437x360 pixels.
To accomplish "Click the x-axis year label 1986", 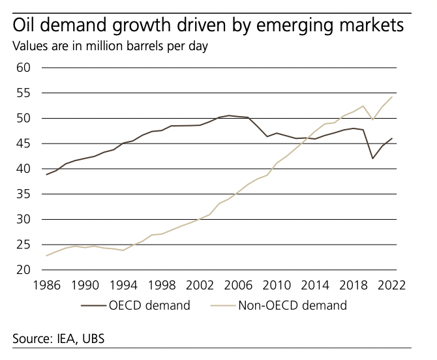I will [46, 286].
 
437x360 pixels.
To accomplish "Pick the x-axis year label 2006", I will [238, 286].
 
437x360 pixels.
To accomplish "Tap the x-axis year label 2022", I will [392, 286].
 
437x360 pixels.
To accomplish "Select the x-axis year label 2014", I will [315, 286].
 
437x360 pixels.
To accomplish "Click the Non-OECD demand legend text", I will [293, 305].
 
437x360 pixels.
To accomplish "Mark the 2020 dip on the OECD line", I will [373, 158].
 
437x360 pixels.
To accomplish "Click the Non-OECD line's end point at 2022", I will [392, 97].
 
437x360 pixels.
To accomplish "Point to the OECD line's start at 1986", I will [46, 175].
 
